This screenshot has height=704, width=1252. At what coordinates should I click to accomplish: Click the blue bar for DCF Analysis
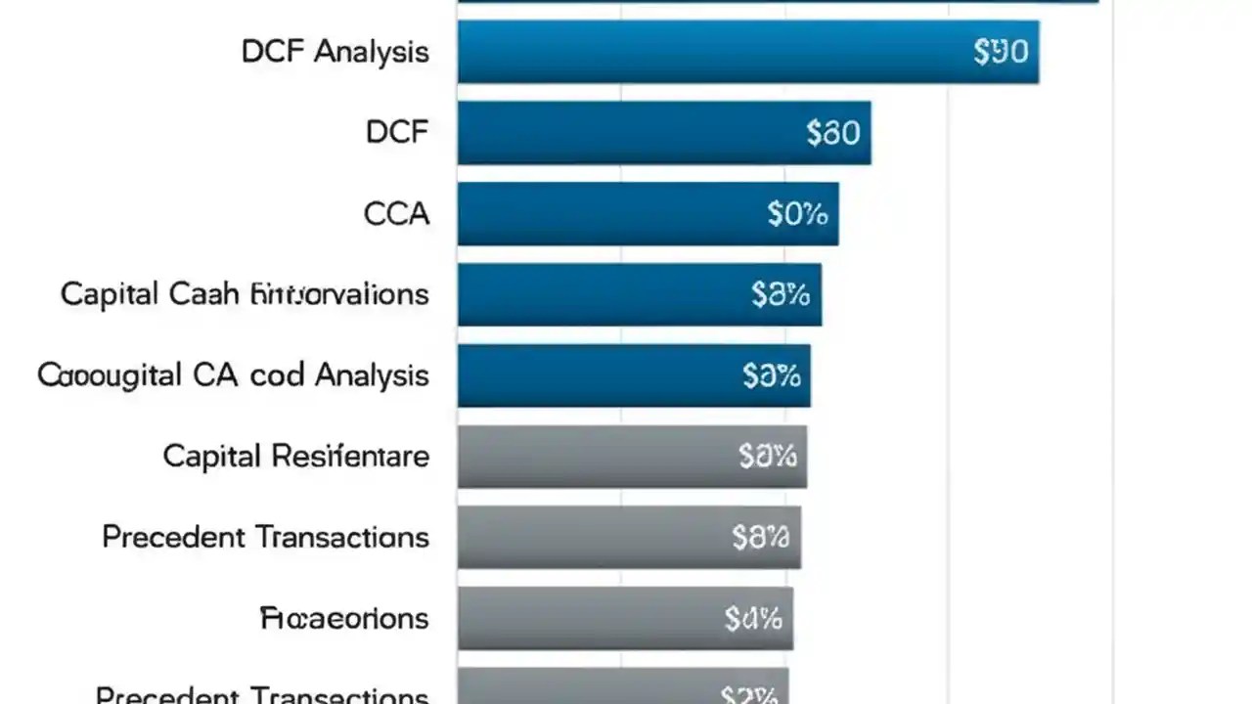tap(747, 52)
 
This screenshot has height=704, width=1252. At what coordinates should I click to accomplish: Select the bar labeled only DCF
tap(663, 132)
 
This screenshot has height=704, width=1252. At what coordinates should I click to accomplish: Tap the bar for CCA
tap(648, 213)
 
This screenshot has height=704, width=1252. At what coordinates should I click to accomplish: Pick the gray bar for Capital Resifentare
tap(632, 457)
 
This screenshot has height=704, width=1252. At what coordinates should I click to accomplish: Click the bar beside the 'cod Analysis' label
tap(634, 375)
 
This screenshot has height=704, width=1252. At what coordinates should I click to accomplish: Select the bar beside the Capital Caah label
tap(639, 294)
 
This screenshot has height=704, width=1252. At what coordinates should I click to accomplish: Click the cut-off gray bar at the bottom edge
tap(622, 686)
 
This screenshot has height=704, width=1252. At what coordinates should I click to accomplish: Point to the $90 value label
tap(1001, 52)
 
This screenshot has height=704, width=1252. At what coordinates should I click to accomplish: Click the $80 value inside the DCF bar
tap(832, 132)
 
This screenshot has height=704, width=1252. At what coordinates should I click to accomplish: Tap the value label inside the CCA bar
tap(797, 213)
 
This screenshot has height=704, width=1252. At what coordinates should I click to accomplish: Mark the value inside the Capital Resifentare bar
tap(768, 456)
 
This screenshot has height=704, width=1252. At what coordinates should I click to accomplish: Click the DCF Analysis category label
tap(335, 52)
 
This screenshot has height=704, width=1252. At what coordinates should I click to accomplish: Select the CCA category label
tap(396, 213)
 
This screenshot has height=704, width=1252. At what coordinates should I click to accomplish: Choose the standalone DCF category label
tap(397, 132)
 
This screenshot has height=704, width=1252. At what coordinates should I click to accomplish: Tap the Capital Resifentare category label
tap(295, 456)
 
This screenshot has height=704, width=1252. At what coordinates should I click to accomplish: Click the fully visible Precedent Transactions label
tap(265, 537)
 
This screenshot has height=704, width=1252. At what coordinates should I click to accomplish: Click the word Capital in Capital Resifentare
tap(211, 456)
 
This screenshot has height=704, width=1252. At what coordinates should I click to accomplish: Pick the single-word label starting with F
tap(344, 618)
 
